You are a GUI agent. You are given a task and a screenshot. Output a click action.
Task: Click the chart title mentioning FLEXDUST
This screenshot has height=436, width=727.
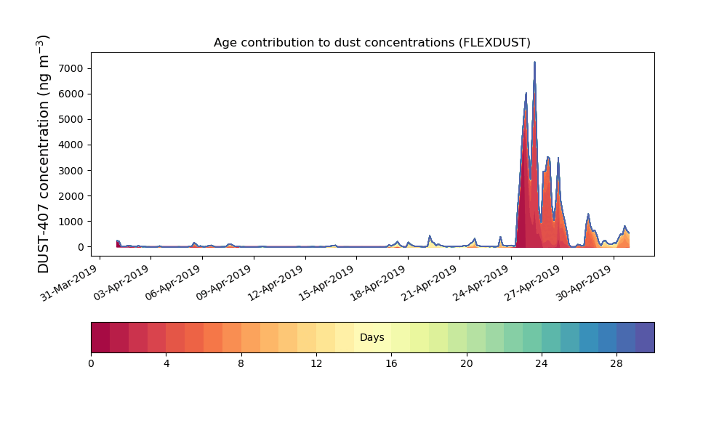click(371, 43)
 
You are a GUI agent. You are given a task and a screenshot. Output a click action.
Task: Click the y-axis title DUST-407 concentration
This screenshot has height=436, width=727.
click(43, 154)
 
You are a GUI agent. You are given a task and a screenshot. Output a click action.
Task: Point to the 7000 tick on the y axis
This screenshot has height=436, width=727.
click(71, 68)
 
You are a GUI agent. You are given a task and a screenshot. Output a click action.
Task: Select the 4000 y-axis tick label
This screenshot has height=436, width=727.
click(71, 145)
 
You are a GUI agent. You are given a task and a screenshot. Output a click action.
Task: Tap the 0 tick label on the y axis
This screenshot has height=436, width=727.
click(81, 247)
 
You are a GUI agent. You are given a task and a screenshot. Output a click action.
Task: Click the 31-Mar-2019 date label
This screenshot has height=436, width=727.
click(70, 283)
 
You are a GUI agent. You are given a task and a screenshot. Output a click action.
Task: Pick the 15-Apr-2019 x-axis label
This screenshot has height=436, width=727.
click(327, 283)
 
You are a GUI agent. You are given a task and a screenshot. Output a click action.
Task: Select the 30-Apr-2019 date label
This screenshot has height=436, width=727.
click(585, 283)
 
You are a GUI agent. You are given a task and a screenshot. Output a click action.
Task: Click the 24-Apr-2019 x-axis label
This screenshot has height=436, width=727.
click(481, 283)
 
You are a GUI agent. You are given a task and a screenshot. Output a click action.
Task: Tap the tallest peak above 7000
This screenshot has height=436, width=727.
click(534, 62)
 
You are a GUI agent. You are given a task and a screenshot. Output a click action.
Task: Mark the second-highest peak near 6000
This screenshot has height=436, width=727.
click(526, 93)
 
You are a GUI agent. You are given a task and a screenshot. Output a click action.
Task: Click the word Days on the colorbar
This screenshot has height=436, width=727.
click(371, 337)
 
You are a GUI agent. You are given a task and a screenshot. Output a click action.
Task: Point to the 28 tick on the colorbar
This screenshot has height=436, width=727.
click(616, 364)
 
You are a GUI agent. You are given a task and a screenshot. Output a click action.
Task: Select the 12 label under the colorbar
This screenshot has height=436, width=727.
click(316, 364)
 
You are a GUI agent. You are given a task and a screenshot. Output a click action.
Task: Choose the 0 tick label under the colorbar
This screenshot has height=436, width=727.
click(92, 364)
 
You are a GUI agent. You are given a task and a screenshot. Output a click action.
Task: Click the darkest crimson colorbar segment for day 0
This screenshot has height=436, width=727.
click(100, 337)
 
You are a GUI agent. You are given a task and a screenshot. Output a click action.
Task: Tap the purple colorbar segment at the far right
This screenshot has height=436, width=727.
click(645, 337)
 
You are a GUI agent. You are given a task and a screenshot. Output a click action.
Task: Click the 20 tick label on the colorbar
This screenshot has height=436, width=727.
click(467, 364)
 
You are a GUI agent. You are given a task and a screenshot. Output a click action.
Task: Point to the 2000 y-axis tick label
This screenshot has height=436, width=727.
click(71, 196)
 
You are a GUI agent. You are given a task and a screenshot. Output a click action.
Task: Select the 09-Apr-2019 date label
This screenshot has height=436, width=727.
click(224, 283)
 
